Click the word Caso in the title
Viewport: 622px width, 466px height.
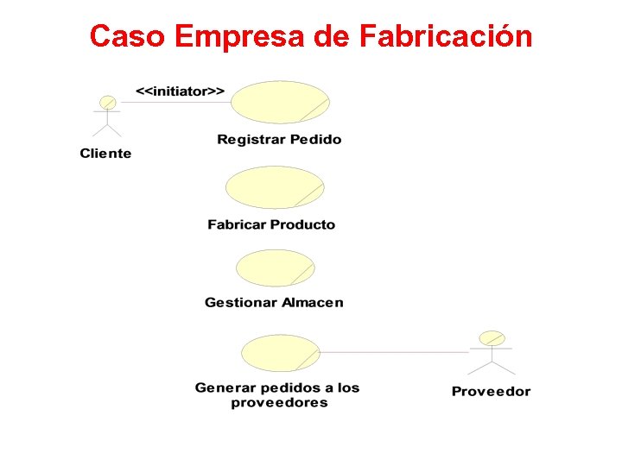pyautogui.click(x=126, y=37)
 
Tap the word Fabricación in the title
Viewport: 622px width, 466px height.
pyautogui.click(x=445, y=37)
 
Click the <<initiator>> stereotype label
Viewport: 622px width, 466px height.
pyautogui.click(x=180, y=90)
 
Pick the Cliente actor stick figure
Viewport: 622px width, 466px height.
pyautogui.click(x=107, y=116)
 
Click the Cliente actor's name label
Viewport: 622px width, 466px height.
pyautogui.click(x=105, y=154)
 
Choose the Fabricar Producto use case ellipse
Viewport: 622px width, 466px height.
pyautogui.click(x=274, y=187)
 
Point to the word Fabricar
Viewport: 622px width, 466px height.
pyautogui.click(x=237, y=224)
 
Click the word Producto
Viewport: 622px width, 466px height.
pyautogui.click(x=302, y=224)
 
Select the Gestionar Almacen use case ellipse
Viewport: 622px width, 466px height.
pyautogui.click(x=275, y=268)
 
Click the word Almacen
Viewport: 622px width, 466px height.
pyautogui.click(x=310, y=302)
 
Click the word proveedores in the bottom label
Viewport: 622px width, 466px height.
pyautogui.click(x=279, y=403)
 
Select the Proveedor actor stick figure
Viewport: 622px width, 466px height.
pyautogui.click(x=491, y=349)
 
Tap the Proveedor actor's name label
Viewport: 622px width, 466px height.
pyautogui.click(x=491, y=392)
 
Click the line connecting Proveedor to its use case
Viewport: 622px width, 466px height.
pyautogui.click(x=393, y=352)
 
